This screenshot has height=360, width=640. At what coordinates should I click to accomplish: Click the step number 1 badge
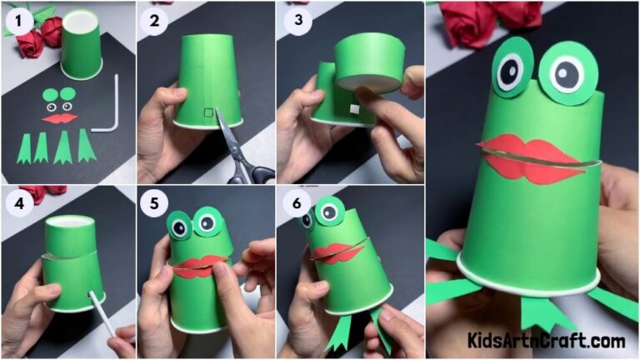17,17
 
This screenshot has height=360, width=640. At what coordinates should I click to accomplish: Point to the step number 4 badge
17,203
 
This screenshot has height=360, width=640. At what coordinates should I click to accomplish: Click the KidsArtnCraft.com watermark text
546,341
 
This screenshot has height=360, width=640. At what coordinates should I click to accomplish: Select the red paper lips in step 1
59,119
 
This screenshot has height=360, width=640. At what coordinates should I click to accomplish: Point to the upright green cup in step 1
82,46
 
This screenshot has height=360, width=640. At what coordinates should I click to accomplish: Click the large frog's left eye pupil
510,72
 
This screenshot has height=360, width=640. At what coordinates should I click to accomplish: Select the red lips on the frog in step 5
197,267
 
